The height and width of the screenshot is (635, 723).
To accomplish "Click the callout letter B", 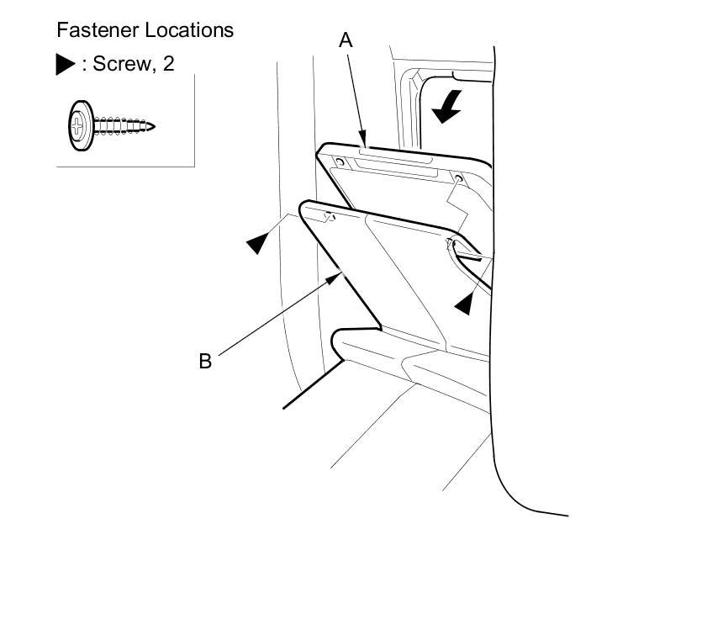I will pos(205,362).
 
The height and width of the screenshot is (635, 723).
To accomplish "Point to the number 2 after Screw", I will pos(169,64).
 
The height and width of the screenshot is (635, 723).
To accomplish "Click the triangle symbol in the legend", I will pos(66,65).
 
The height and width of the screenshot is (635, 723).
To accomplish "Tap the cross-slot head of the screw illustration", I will pos(79,128).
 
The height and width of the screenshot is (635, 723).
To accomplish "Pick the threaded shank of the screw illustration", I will pos(122,128).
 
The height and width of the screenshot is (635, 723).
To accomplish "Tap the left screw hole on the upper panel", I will pos(339,160).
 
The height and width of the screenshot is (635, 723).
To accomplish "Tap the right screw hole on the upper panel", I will pos(458,178).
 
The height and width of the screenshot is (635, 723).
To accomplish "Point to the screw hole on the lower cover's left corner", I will pos(328,218).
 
